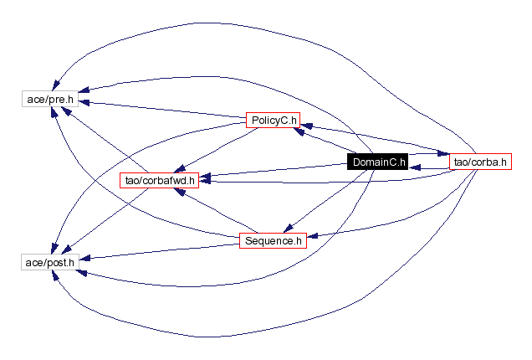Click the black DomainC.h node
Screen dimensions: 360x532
point(377,162)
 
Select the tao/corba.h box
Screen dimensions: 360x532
point(479,162)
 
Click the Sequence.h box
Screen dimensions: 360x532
point(272,241)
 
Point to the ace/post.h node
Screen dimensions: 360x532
point(49,262)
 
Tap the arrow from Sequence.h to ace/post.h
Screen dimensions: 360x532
point(159,252)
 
